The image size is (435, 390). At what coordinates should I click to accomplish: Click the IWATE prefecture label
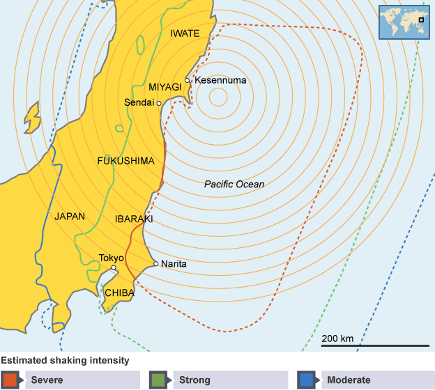click(185, 33)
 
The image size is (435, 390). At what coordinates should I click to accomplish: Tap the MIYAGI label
click(165, 87)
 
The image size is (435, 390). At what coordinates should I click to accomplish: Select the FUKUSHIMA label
click(125, 161)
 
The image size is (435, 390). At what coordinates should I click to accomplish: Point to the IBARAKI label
click(134, 219)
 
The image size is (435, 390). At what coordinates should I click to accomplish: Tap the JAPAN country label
click(70, 216)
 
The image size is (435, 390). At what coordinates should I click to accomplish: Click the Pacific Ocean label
click(234, 185)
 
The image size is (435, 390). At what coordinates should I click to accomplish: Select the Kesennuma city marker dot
click(188, 80)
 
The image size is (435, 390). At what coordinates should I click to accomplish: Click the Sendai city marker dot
click(160, 103)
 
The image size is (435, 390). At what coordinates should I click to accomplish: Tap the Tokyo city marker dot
click(114, 267)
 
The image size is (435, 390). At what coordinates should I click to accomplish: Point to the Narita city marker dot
click(155, 264)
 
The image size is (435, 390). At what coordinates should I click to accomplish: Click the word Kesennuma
click(220, 81)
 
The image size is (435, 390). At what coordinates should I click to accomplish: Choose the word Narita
click(174, 265)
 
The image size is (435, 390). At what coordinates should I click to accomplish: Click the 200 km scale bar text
click(337, 338)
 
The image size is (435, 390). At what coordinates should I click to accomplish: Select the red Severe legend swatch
click(10, 380)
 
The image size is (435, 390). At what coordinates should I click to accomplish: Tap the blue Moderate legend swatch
click(307, 380)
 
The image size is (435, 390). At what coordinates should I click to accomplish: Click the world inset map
click(403, 22)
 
